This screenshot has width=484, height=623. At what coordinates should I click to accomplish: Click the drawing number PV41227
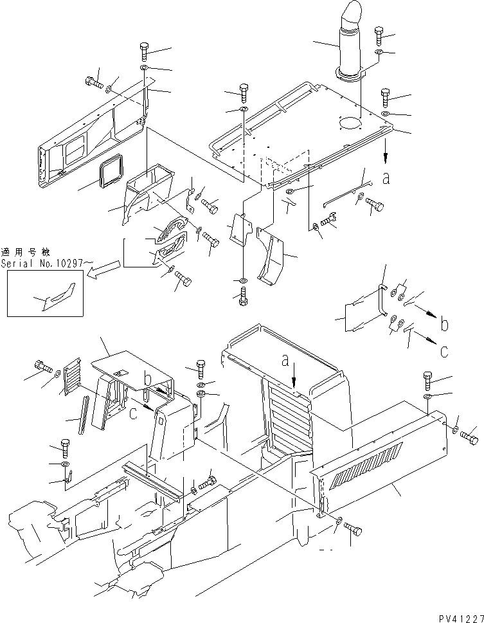tap(461, 618)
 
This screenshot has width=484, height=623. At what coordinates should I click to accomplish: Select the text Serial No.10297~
tap(48, 263)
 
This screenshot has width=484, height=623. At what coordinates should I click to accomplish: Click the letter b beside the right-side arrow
tap(444, 324)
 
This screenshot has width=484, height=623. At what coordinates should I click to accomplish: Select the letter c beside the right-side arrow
tap(444, 351)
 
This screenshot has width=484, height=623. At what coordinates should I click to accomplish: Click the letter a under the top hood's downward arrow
tap(386, 178)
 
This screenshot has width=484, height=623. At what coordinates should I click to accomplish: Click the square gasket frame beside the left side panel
tap(111, 170)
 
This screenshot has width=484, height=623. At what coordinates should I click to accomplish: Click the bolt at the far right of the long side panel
tap(469, 437)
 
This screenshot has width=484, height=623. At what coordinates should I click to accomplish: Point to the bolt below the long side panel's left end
tap(353, 529)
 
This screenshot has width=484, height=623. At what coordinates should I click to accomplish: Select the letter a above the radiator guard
tap(285, 361)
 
